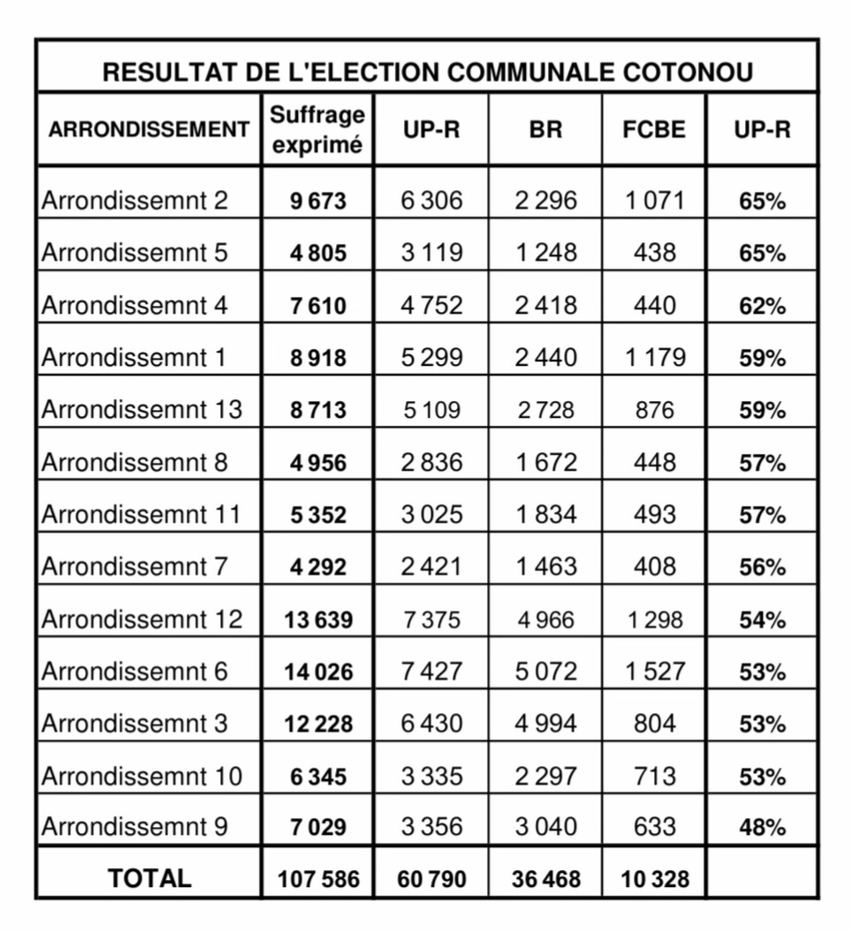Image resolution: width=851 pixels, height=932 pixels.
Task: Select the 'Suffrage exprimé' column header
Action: [x=317, y=130]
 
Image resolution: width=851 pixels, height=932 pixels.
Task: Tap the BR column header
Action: [x=545, y=130]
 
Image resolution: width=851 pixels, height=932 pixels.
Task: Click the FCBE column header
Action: [x=654, y=130]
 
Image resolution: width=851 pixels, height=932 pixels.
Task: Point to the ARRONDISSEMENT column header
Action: [x=149, y=130]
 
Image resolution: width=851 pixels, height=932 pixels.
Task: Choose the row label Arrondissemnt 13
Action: [x=141, y=410]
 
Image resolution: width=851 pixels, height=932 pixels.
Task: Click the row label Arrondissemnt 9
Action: [x=134, y=827]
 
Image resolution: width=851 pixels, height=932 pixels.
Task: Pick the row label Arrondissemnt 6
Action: [x=134, y=671]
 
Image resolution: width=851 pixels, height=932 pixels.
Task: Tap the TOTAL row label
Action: [x=149, y=878]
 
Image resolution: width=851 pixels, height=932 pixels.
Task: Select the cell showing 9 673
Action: [x=318, y=201]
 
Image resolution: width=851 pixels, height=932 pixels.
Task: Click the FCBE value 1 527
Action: [x=654, y=671]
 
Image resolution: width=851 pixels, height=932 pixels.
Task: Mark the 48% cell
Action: [x=763, y=828]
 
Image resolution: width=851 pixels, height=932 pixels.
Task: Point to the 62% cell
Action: [x=763, y=306]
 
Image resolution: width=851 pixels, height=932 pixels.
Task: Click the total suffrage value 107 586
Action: [x=318, y=879]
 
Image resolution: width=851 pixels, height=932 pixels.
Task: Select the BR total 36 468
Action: [x=545, y=879]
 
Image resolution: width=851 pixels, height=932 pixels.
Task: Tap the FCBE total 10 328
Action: [x=654, y=879]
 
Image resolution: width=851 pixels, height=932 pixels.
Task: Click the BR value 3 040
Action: [x=545, y=828]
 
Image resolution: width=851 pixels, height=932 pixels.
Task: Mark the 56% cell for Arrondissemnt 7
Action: [x=763, y=567]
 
